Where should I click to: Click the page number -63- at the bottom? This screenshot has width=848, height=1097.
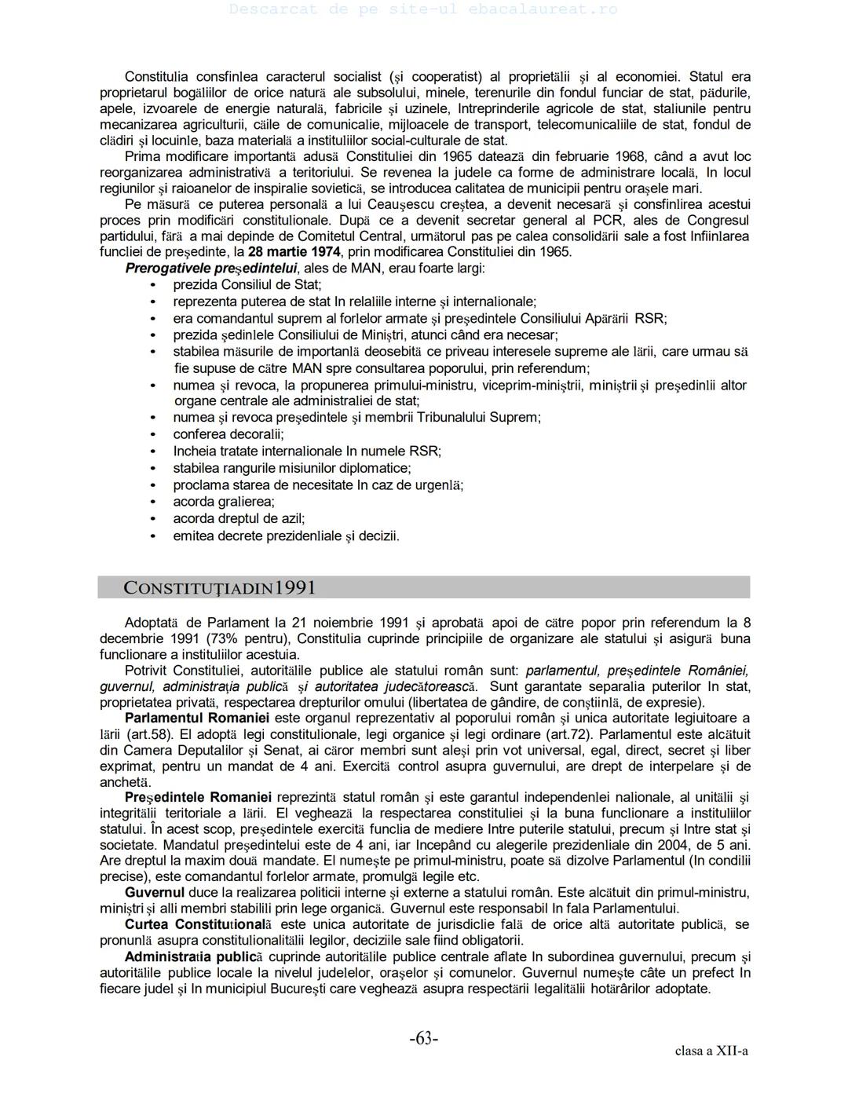point(423,1039)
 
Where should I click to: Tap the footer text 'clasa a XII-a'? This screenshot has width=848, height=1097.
point(711,1051)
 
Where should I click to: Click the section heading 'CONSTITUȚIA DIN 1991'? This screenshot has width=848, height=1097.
point(220,587)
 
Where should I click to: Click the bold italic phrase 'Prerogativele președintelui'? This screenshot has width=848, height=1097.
point(211,269)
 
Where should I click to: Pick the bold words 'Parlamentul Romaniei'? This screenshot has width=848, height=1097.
point(197,719)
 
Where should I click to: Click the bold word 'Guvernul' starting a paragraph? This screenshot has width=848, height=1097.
point(155,893)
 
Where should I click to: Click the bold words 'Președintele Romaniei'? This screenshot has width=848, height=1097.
point(198,798)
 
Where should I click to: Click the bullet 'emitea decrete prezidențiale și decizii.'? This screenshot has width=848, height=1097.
point(286,536)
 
